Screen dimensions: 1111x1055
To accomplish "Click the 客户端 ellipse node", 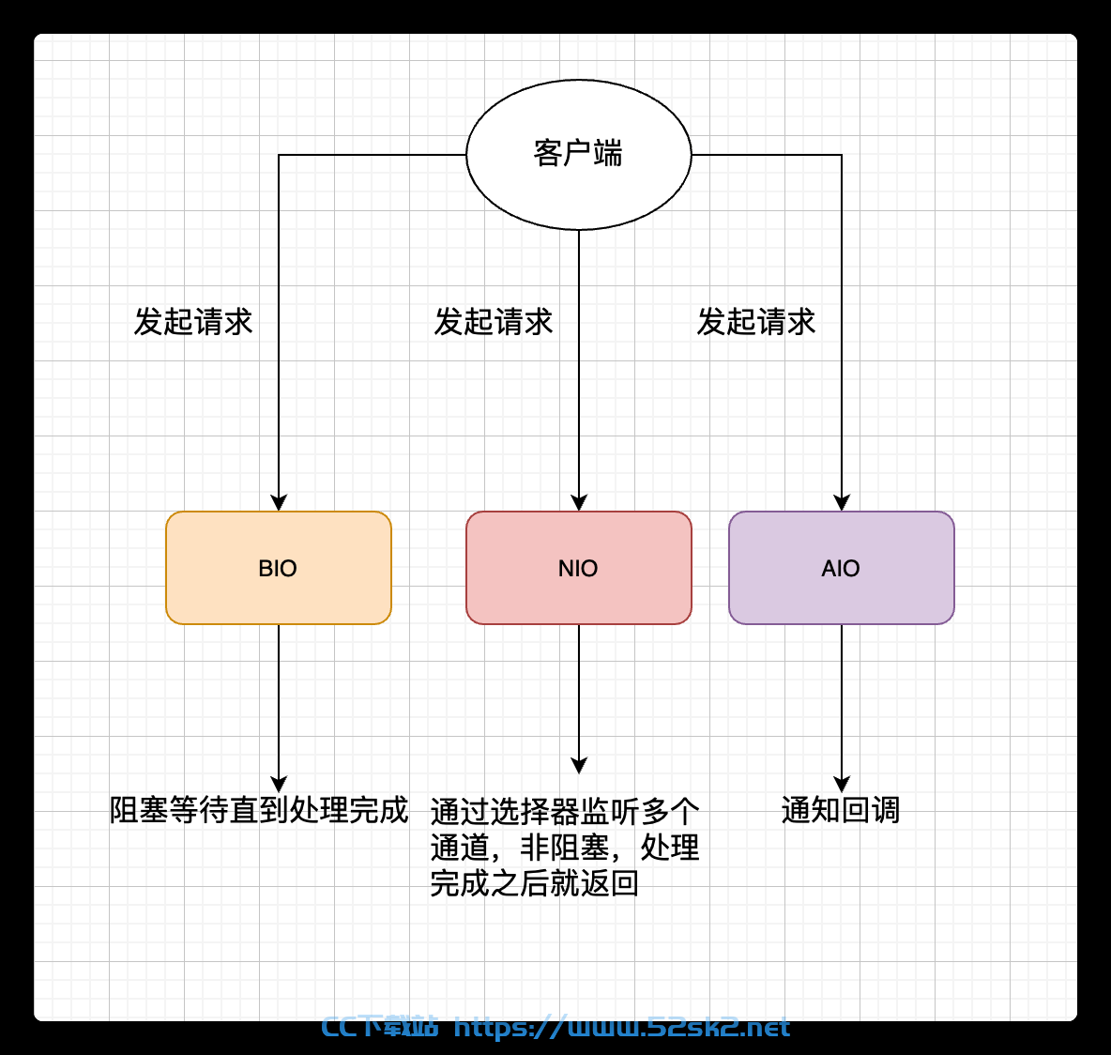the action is pos(578,155).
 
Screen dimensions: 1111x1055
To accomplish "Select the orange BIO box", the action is pos(279,568).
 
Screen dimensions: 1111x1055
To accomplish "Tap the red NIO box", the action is pos(578,568).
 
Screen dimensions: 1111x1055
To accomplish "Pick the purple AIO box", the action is pos(841,568).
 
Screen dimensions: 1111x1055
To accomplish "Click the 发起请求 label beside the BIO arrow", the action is pos(192,322).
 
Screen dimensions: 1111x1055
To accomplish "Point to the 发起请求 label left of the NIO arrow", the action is pos(494,322).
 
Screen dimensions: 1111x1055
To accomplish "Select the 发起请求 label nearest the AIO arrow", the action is pos(756,322).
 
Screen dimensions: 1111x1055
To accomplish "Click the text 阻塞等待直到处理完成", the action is pos(259,810).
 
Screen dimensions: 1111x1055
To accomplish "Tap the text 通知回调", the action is pos(841,810).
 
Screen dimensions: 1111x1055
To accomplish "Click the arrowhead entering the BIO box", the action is pos(279,502).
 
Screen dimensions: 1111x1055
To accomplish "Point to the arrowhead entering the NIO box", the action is pos(579,502).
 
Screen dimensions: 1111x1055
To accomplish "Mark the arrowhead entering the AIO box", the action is pos(842,502).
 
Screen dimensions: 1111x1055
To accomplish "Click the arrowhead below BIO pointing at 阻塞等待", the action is pos(279,785).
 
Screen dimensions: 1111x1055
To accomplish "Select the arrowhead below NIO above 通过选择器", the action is pos(579,766).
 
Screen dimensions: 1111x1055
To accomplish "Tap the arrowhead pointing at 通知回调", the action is pos(842,785).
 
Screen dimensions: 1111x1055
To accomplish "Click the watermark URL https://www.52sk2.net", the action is pos(621,1028).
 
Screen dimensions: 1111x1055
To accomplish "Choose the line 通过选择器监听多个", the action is pos(565,811).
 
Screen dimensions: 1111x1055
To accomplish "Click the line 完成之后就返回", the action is pos(534,883).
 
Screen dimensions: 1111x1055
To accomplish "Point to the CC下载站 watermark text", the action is pos(379,1027).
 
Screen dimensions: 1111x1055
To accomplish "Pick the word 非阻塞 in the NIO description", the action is pos(565,848).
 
